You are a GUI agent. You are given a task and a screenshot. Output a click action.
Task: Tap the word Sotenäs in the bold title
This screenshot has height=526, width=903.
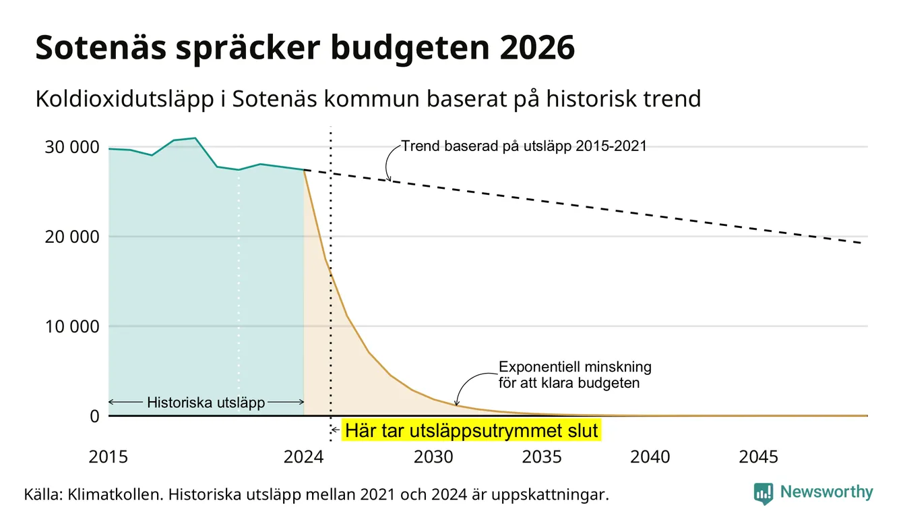[101, 48]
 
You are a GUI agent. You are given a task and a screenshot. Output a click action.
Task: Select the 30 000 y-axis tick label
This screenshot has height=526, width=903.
[71, 147]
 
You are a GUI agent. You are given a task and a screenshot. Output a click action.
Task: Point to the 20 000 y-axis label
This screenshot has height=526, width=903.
[71, 237]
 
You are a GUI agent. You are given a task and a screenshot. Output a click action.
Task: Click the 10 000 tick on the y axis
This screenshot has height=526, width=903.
[71, 326]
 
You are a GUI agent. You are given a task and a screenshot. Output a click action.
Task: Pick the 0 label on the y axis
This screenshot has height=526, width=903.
[94, 416]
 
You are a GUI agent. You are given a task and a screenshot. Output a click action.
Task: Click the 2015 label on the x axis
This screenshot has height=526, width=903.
[108, 457]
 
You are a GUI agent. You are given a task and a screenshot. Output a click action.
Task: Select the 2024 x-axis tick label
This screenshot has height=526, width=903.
[303, 457]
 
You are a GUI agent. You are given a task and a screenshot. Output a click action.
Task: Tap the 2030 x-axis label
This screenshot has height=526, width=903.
[434, 457]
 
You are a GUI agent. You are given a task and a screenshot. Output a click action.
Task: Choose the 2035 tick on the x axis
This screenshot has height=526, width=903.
[542, 457]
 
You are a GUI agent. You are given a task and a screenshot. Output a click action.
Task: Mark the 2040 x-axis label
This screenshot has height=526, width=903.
[650, 457]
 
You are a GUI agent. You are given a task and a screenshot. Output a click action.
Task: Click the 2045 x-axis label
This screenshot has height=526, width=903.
[758, 457]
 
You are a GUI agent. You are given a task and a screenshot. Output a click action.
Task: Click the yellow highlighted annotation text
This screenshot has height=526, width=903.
[471, 430]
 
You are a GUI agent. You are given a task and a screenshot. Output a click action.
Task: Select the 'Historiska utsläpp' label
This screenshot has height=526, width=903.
[206, 403]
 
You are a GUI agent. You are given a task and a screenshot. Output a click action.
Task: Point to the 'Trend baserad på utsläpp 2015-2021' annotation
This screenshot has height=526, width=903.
[524, 146]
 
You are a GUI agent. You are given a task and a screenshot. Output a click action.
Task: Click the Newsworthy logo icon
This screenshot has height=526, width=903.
[764, 494]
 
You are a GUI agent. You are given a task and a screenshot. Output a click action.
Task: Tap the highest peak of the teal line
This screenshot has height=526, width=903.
[195, 138]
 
